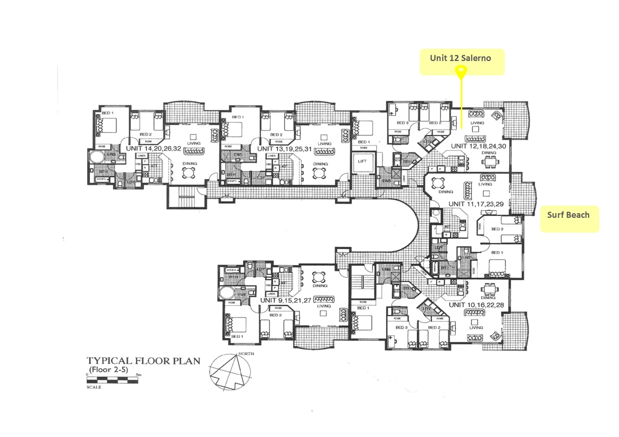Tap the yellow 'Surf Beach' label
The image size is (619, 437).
coord(568,215)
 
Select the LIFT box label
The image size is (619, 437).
coord(362,161)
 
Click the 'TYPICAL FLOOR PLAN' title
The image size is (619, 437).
coord(143,361)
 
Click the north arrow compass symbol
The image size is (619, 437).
coord(231,370)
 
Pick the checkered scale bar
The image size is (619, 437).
coord(113,380)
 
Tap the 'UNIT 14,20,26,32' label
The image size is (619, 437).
coord(153,148)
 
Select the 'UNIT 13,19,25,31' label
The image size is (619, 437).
coord(284,148)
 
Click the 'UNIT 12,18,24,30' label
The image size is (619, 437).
coord(478,146)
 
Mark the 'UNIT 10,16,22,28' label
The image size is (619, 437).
coord(476,305)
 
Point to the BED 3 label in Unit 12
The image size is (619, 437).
coord(402,123)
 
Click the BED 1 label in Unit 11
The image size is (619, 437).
coord(497,252)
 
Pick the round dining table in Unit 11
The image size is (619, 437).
coord(439,183)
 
